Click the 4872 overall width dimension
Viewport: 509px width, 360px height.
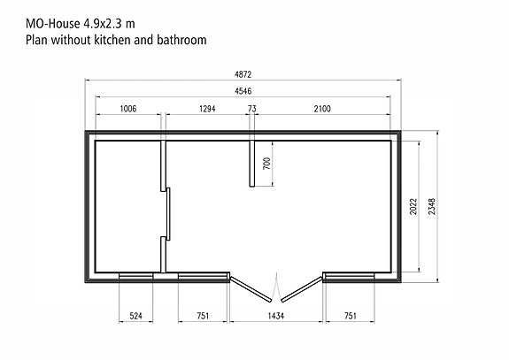pos(243,74)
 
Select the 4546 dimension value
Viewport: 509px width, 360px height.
pos(243,91)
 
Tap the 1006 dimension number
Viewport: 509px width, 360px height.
pos(128,109)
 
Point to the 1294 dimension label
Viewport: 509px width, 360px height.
pos(207,109)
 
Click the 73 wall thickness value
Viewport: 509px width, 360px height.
pos(252,109)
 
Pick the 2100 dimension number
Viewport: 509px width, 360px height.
pos(322,109)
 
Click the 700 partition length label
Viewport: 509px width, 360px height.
pos(266,164)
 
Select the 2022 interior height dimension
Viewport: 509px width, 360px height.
pos(413,207)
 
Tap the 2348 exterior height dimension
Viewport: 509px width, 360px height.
pos(432,207)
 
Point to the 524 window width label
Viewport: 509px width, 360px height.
pos(135,316)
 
